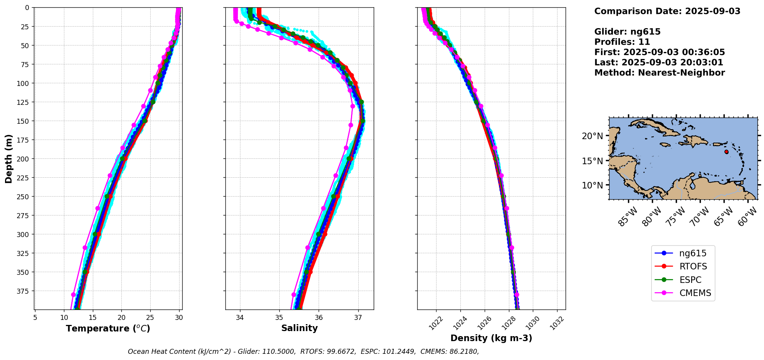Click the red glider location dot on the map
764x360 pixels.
coord(726,152)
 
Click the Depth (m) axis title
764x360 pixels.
coord(9,158)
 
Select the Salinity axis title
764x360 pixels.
coord(299,328)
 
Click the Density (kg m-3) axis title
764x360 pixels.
coord(491,338)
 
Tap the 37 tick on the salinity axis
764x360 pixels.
coord(358,318)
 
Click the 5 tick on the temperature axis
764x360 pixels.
coord(35,318)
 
